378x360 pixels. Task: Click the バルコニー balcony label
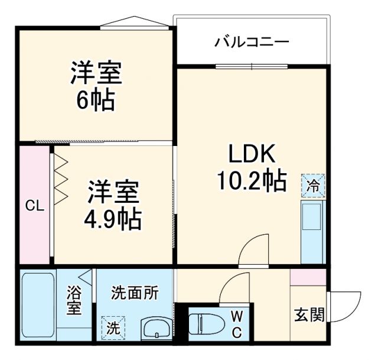(252, 43)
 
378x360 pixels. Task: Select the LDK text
(252, 155)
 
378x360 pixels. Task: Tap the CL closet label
(34, 206)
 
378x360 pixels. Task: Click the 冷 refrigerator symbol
(313, 186)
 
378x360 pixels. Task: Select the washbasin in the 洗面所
(157, 328)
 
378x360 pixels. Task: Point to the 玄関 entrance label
(309, 314)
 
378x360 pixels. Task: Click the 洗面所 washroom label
(135, 292)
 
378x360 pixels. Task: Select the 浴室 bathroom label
(74, 301)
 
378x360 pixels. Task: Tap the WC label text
(236, 323)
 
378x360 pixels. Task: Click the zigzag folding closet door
(61, 177)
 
